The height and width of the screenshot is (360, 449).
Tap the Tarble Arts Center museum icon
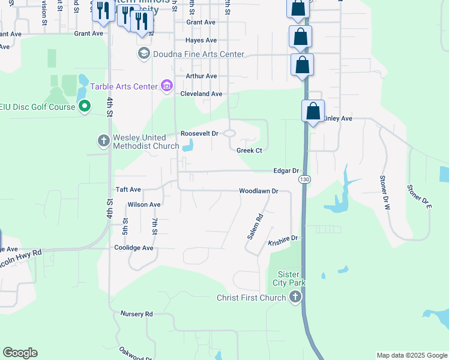click(167, 86)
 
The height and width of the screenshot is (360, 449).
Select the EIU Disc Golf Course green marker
click(85, 107)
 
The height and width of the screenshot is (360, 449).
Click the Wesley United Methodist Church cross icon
click(104, 141)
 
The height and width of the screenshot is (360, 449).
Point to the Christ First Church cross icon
click(295, 296)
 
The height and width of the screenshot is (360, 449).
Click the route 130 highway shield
click(304, 179)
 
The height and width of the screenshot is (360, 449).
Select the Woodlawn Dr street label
click(259, 191)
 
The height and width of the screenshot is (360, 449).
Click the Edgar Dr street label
click(286, 170)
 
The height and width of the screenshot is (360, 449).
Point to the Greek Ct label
click(249, 150)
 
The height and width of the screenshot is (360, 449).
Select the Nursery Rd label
click(137, 314)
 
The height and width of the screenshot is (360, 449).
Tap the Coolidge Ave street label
click(134, 248)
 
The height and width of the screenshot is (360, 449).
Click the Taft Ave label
click(128, 188)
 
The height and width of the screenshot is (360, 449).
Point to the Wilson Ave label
click(144, 205)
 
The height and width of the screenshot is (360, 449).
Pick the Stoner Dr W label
click(385, 192)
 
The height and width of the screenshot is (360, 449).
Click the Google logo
click(20, 353)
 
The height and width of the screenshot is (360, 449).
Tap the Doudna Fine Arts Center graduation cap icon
click(143, 55)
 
